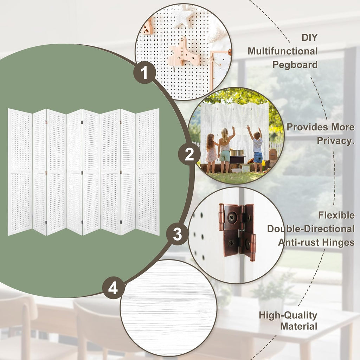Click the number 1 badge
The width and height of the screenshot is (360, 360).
144,73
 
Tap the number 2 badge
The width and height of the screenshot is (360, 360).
189,154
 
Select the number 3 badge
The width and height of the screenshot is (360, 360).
177,234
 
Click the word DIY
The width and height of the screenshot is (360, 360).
310,37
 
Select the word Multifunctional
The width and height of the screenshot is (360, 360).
283,51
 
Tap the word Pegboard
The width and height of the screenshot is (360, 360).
295,65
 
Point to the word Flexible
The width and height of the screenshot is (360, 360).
336,216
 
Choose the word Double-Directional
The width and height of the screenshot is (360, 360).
311,229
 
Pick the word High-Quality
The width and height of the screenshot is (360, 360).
288,316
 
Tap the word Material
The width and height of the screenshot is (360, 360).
299,326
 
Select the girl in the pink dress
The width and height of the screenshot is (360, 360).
211,153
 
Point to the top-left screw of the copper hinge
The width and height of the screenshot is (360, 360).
231,217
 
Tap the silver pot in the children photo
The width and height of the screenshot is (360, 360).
237,153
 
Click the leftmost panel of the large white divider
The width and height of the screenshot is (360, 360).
20,172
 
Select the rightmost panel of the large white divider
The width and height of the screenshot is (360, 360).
147,172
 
